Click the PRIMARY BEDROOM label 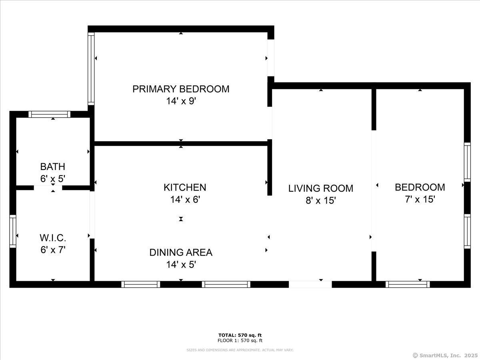[x=181, y=89]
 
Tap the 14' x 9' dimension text [x=181, y=101]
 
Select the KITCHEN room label [x=185, y=187]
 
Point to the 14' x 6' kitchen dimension [x=185, y=200]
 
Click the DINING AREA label [x=181, y=252]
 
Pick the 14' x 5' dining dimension [x=181, y=265]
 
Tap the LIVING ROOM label [x=321, y=188]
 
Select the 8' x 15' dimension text [x=321, y=200]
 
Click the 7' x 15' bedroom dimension [x=420, y=200]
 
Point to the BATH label [x=52, y=166]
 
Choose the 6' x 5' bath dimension [x=52, y=179]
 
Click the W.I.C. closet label [x=53, y=238]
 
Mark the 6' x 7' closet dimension [x=53, y=250]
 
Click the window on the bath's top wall [x=50, y=114]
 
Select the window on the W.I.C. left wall [x=13, y=232]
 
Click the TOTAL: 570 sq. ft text [x=240, y=335]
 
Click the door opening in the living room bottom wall [x=310, y=284]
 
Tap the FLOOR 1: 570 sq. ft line [x=240, y=341]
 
